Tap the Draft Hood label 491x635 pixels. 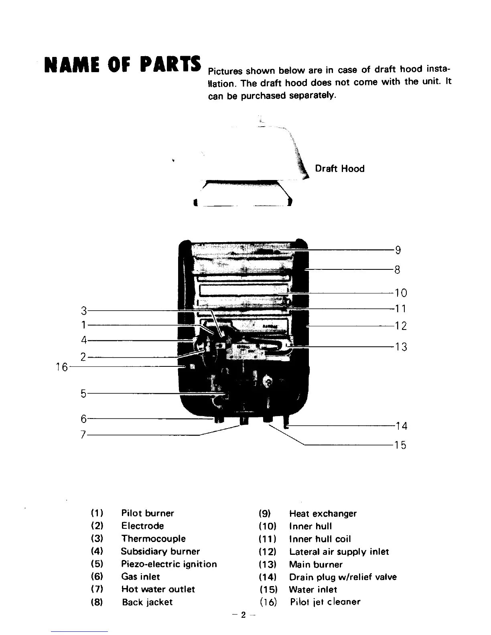point(340,169)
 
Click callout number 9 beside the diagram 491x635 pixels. point(398,251)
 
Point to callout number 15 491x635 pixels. point(400,445)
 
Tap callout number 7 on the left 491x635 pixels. point(83,435)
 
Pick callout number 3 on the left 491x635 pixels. point(84,311)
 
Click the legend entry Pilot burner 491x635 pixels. point(148,514)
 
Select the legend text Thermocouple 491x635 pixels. point(154,539)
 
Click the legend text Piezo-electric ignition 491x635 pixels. point(169,564)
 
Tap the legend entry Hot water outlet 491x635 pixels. point(158,589)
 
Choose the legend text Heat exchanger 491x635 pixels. point(323,514)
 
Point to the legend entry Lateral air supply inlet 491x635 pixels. point(339,552)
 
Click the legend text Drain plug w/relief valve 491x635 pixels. point(343,577)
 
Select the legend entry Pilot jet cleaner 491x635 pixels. point(325,602)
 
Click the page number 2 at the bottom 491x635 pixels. point(243,615)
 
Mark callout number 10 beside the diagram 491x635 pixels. point(401,293)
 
